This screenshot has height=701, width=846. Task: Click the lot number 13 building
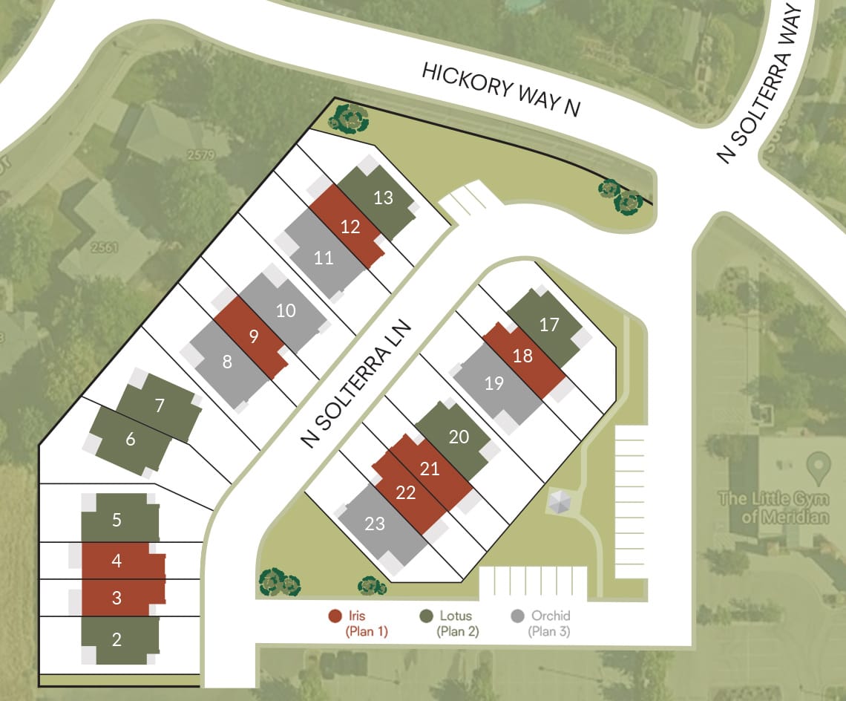383,198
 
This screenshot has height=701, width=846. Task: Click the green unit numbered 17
549,325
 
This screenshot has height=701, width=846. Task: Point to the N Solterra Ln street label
356,384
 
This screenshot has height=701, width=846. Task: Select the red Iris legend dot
335,616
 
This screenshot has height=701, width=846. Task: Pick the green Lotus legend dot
426,616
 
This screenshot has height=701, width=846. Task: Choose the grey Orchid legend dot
518,616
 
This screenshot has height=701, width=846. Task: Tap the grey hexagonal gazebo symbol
559,503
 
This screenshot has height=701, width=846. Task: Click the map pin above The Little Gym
819,467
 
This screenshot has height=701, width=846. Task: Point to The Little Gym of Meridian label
773,506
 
